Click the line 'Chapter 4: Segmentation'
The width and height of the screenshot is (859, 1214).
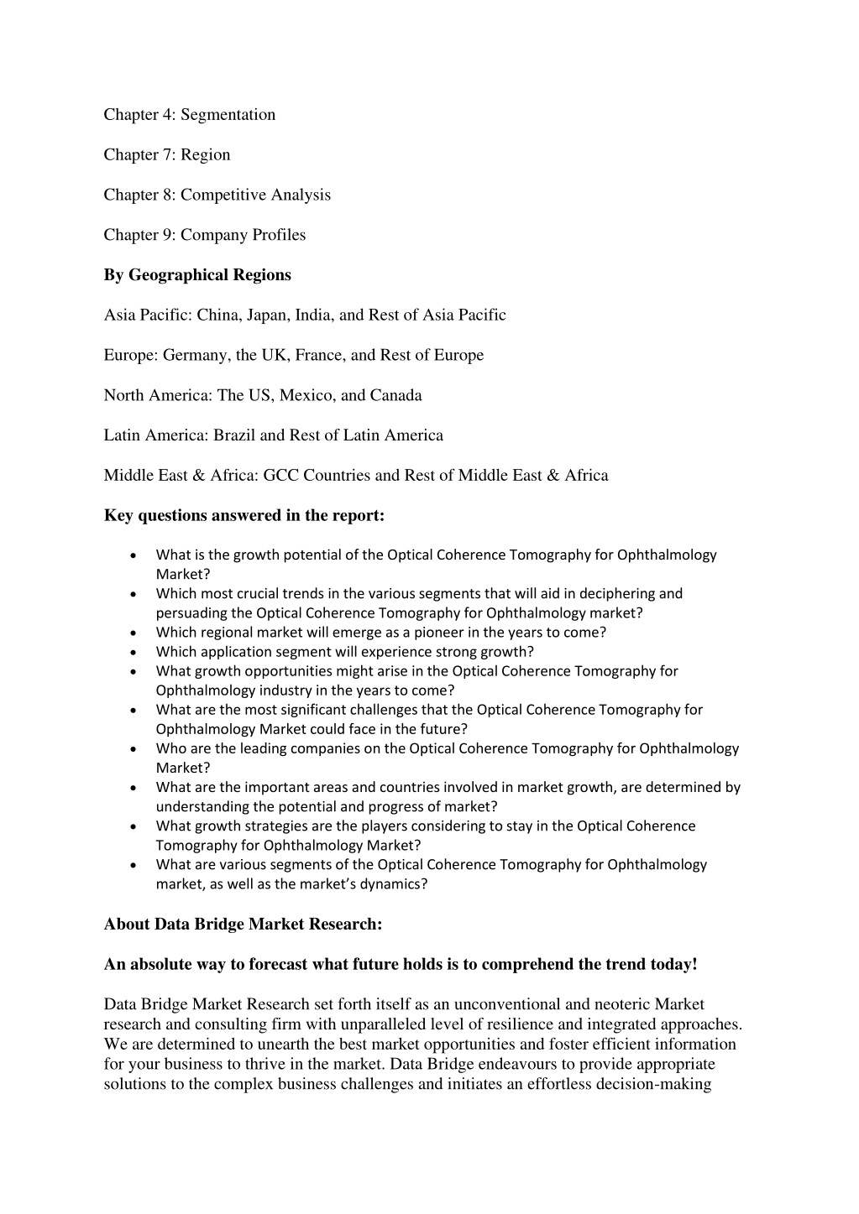[x=189, y=115]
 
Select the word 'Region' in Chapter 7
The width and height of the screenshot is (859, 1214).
[x=205, y=155]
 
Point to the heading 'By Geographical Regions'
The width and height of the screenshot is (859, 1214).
[x=197, y=275]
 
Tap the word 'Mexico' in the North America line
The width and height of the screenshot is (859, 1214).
[x=305, y=396]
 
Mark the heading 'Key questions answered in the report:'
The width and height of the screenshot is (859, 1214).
[x=244, y=516]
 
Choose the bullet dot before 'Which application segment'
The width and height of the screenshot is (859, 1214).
[x=134, y=652]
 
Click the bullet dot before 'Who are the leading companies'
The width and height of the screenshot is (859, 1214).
[x=134, y=748]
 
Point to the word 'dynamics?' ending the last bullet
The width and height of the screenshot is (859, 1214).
[x=395, y=883]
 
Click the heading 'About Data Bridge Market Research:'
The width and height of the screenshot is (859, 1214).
[x=243, y=925]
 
